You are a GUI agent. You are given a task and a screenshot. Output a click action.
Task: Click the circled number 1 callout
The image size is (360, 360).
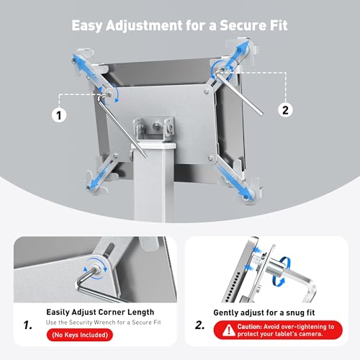click(59, 115)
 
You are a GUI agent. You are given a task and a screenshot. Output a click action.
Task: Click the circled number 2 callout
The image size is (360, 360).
click(285, 110)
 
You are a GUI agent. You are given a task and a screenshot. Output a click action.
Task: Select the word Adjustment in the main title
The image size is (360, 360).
click(144, 26)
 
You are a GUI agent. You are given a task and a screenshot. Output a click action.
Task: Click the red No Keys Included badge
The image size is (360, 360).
click(80, 335)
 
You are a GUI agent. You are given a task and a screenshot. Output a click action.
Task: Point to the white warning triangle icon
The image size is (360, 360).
click(229, 330)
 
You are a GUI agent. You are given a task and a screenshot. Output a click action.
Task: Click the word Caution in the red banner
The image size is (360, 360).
click(249, 327)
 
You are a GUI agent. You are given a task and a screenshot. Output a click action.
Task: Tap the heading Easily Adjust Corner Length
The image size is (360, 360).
click(100, 312)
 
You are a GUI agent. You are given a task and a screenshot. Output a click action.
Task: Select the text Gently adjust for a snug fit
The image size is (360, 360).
click(264, 312)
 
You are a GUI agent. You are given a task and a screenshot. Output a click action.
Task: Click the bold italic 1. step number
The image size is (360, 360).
click(28, 325)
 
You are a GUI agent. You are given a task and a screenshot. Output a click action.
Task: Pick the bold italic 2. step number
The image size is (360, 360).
click(200, 325)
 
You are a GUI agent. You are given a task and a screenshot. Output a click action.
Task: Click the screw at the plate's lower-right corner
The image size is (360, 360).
click(211, 158)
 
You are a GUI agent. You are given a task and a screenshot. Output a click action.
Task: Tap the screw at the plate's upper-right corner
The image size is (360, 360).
click(206, 91)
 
